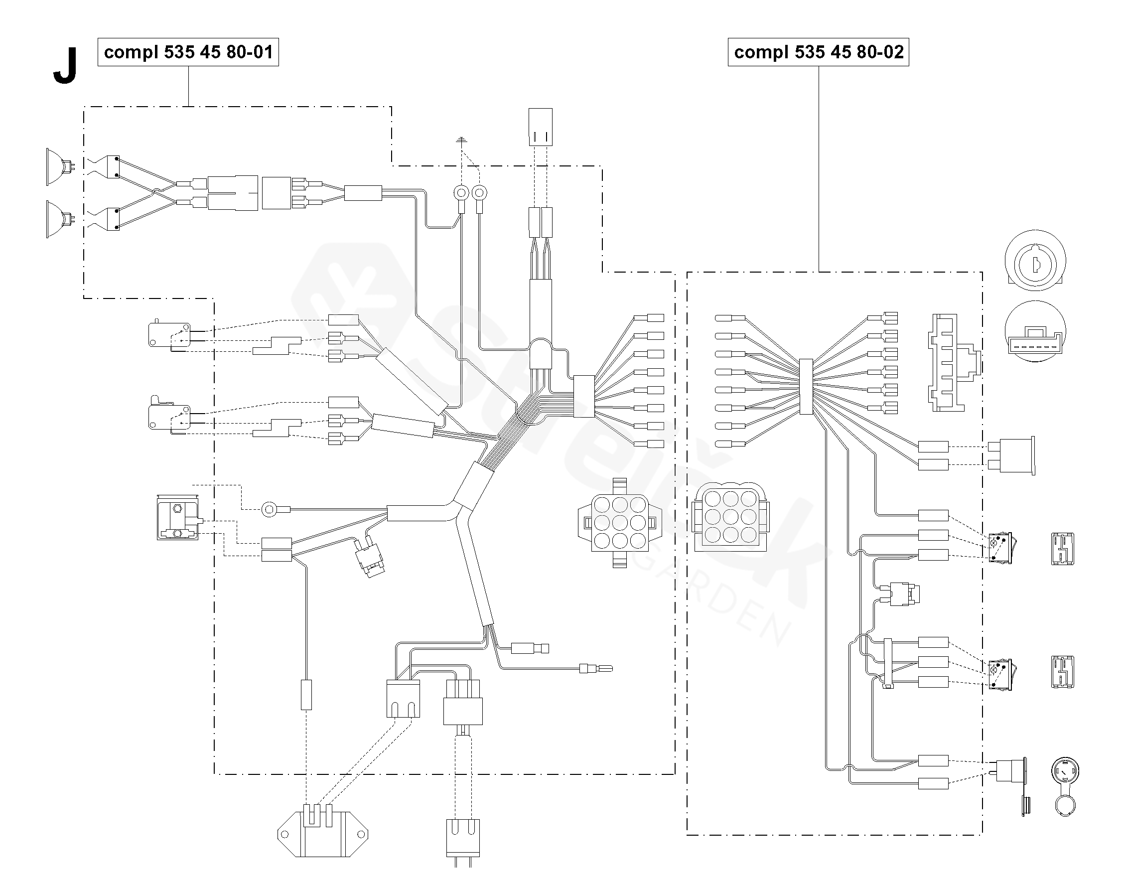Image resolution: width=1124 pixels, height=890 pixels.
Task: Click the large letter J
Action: (65, 65)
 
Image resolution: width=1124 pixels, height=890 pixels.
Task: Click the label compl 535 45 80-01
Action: (188, 52)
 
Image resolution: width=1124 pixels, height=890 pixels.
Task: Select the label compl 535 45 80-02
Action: (818, 52)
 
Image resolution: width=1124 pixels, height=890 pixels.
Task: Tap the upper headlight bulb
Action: (60, 167)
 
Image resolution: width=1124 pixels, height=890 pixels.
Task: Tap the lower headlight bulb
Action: (60, 219)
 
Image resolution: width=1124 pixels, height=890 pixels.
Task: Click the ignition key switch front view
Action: (1035, 261)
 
